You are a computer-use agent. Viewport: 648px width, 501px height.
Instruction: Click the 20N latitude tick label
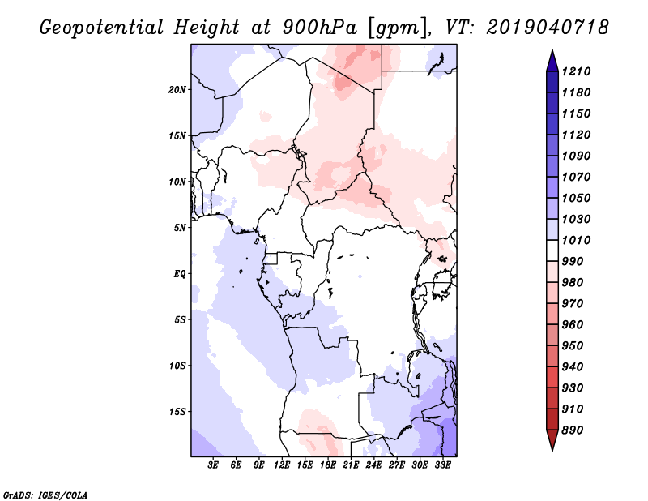pos(177,90)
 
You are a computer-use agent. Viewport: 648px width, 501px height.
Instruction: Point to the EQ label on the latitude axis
pos(179,274)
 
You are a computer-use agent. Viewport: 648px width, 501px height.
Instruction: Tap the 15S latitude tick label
pos(177,412)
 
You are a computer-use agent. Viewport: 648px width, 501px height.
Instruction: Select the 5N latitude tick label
pos(180,228)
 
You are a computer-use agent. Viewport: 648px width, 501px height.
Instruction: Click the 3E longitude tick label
pos(213,465)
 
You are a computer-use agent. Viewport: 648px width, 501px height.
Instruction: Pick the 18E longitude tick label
pos(328,465)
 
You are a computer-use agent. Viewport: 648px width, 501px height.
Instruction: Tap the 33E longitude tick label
pos(442,465)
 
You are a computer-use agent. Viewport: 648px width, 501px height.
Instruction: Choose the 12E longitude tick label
pos(282,465)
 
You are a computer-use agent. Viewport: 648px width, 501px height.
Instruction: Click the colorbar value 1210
pos(576,71)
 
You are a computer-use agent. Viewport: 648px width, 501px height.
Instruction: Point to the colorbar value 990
pos(573,262)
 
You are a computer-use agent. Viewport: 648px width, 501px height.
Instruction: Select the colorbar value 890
pos(573,430)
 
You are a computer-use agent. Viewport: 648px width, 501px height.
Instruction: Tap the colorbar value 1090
pos(576,156)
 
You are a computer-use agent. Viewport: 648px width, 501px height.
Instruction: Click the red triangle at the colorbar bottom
pos(552,439)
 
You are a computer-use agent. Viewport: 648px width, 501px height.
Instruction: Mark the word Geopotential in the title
pos(102,28)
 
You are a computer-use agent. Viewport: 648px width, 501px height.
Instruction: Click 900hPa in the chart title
pos(319,28)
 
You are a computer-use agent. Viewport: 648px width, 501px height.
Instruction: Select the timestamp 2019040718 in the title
pos(548,28)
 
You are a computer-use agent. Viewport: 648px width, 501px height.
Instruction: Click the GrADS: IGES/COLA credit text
pos(45,495)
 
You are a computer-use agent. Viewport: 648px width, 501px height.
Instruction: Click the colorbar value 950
pos(573,346)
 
